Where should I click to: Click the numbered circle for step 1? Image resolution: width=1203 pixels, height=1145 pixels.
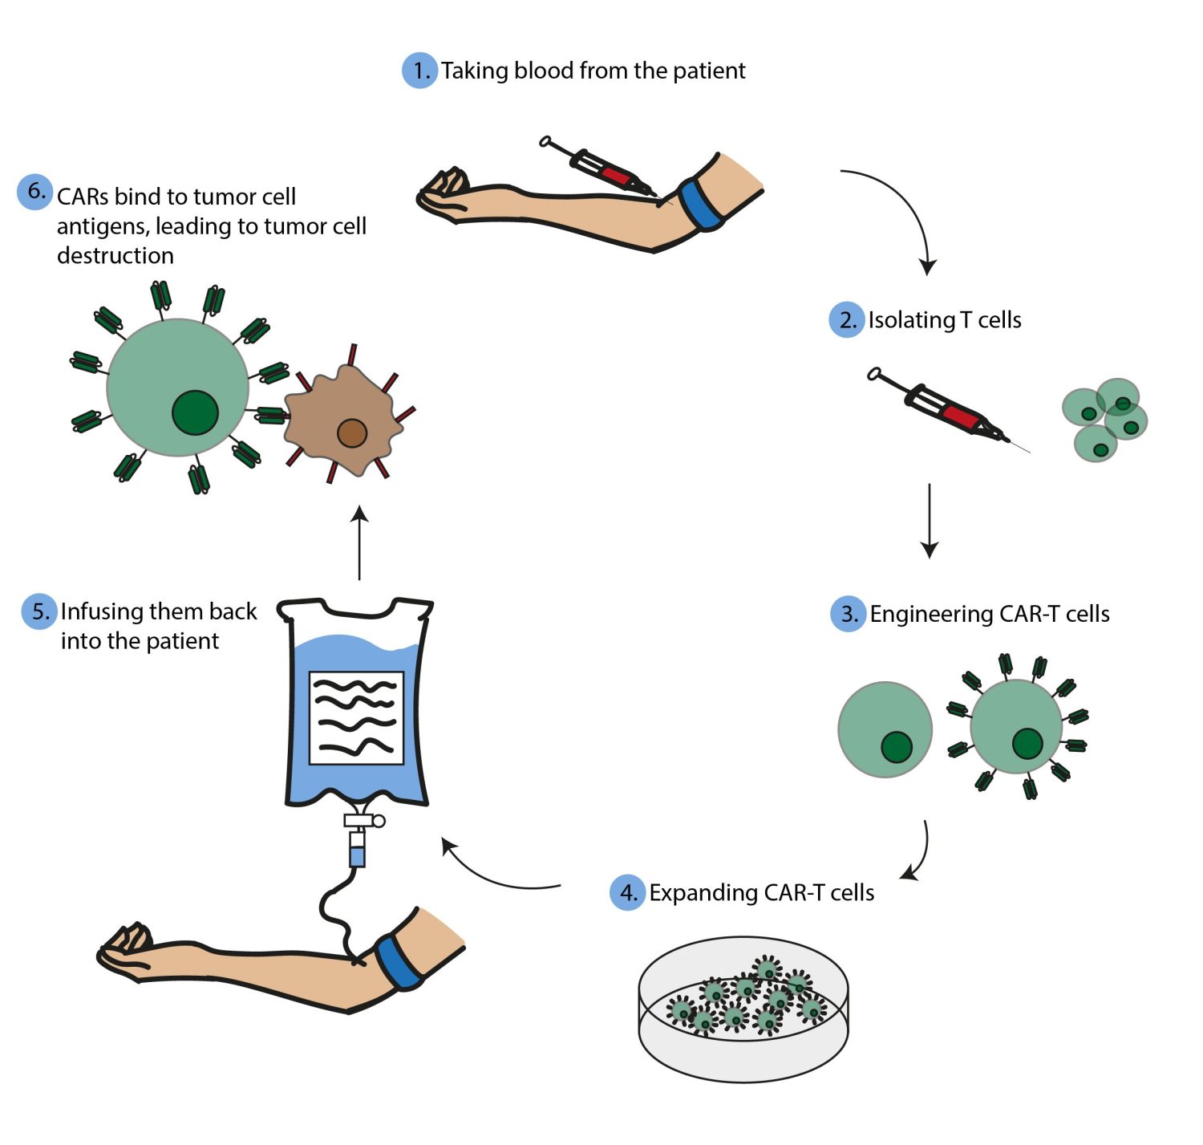419,71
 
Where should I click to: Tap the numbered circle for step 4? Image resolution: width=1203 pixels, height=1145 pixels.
627,892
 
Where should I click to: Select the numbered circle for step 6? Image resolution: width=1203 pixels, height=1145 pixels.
34,192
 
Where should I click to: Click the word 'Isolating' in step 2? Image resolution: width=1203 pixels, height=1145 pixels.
911,320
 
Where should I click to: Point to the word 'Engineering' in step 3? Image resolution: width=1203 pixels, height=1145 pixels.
931,614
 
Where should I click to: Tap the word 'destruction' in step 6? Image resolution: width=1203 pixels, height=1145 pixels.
115,255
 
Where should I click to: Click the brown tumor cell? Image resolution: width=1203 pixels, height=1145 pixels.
341,421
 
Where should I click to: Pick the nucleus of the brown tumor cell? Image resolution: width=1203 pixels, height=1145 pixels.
351,433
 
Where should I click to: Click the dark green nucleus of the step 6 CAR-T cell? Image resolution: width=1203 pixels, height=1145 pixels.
195,412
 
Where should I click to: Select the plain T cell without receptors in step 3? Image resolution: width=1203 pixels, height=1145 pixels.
885,729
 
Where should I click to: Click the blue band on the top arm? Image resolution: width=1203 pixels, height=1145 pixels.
698,205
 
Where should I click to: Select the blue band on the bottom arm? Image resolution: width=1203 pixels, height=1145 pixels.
399,962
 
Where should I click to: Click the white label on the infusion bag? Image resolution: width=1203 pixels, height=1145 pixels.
356,717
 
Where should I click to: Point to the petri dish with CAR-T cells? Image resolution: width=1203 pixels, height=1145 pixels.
743,1009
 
